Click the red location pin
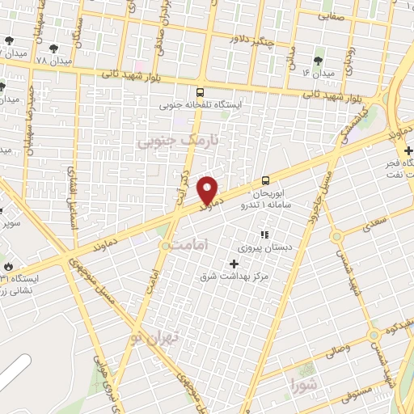pyautogui.click(x=208, y=190)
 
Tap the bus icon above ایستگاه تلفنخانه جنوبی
pyautogui.click(x=200, y=91)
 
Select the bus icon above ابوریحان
pyautogui.click(x=265, y=181)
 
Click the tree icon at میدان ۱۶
pyautogui.click(x=318, y=59)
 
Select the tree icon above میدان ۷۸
pyautogui.click(x=53, y=49)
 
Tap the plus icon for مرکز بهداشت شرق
pyautogui.click(x=234, y=264)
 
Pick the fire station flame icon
pyautogui.click(x=8, y=264)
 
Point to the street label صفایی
pyautogui.click(x=331, y=15)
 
